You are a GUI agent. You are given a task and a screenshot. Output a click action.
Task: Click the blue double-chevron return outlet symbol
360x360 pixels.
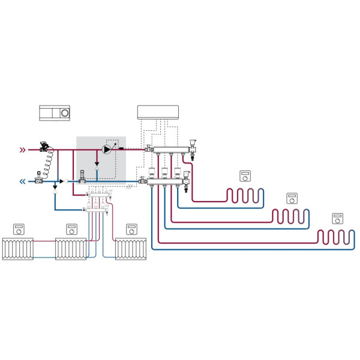pos(23,181)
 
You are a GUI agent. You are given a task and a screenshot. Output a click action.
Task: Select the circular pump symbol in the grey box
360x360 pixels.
pos(107,149)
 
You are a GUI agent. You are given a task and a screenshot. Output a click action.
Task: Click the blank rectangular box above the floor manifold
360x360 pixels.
pos(159,112)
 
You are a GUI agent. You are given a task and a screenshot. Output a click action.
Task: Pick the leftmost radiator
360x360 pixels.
pos(18,248)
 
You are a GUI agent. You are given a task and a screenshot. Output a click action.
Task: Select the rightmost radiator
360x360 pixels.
pos(131,248)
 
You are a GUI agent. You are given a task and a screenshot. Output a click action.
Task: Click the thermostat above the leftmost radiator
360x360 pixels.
pos(18,229)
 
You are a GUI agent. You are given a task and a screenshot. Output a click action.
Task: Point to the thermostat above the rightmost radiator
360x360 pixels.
pos(131,229)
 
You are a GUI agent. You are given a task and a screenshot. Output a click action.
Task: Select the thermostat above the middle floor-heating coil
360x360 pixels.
pos(292,197)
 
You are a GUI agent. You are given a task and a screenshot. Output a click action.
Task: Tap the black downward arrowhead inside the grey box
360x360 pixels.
pos(97,163)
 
